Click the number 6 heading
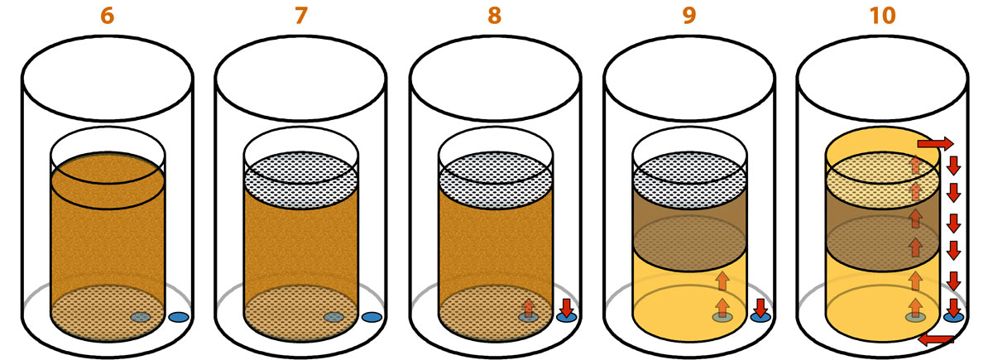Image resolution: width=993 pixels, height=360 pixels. [108, 16]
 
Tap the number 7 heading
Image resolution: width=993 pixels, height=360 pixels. [301, 16]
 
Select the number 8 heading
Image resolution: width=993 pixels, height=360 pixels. [495, 16]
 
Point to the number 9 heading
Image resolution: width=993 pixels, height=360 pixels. [688, 16]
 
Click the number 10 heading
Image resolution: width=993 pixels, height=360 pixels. [883, 16]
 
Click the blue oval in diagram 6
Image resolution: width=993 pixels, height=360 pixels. [179, 317]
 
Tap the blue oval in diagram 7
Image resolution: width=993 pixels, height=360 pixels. [372, 317]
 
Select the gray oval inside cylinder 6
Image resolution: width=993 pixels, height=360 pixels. [141, 317]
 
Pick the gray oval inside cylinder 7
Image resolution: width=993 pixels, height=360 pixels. [333, 317]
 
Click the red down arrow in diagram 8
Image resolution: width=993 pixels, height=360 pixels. [567, 308]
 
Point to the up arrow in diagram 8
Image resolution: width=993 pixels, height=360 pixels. [528, 308]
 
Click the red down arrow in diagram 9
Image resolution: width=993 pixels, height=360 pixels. [760, 308]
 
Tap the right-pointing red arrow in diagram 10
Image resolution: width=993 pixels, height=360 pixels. [935, 144]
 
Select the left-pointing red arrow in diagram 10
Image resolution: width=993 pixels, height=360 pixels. [935, 340]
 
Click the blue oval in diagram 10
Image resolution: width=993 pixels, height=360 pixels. [953, 317]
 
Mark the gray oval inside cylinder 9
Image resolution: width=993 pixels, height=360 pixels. [722, 317]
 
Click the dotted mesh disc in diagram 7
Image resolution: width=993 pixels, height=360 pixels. [301, 180]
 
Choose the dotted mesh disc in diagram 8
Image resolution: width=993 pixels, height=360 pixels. [495, 180]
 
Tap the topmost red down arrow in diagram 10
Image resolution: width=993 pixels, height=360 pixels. [953, 166]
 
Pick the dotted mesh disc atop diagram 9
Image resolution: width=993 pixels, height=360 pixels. [689, 180]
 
